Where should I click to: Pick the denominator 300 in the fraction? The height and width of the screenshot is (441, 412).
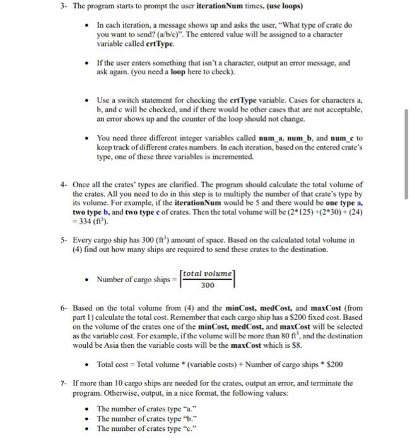[x=206, y=284]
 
